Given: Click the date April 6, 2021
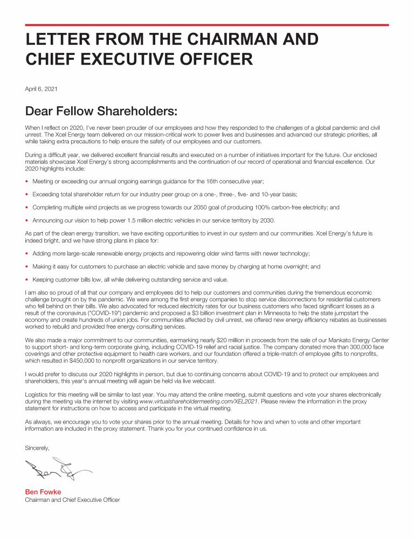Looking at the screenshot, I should pos(41,88).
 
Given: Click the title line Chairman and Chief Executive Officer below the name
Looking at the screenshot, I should pos(72,500).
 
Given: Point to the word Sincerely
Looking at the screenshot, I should pos(37,448).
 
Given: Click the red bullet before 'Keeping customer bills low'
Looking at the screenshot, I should pos(27,279).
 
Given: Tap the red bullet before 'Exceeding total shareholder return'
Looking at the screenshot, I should pos(27,194).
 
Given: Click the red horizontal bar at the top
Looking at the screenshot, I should pos(207,25).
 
